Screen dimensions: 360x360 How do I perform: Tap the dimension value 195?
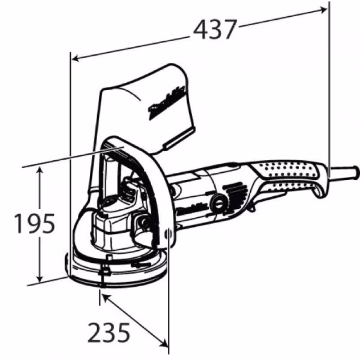coord(34,224)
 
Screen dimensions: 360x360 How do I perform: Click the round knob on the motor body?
coord(219,203)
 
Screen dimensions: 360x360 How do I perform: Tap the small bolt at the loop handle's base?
coord(168,234)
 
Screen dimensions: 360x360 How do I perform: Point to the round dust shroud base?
coord(117,270)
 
